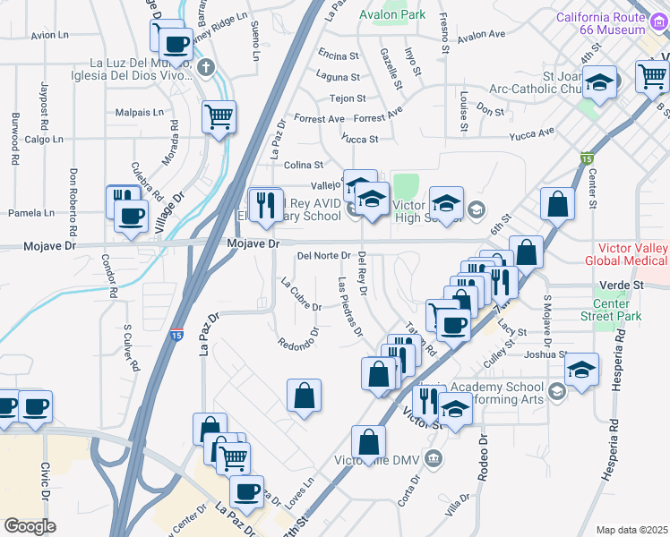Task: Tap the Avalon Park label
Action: coord(392,15)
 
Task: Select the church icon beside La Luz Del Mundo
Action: coord(206,66)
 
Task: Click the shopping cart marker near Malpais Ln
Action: coord(219,116)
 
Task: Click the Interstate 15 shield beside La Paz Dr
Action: coord(177,334)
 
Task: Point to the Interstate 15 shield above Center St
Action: coord(586,158)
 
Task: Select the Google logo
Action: coord(30,526)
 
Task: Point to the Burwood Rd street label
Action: coord(15,138)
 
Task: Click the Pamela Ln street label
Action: coord(31,214)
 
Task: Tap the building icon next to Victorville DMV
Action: coord(434,459)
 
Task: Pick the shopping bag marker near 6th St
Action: coord(557,204)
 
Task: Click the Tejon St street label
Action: coord(348,98)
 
